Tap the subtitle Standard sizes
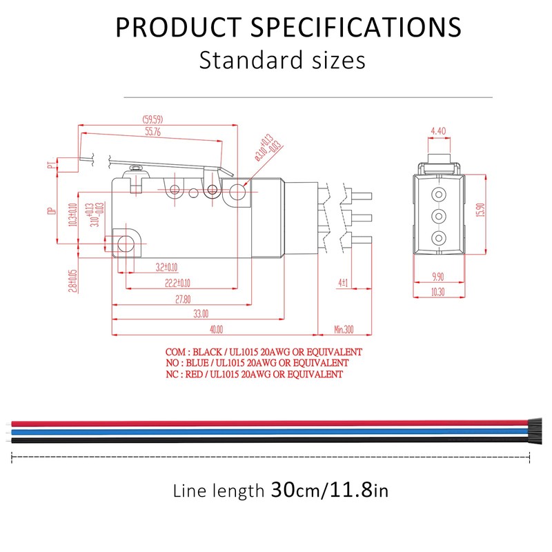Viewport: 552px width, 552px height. tap(282, 60)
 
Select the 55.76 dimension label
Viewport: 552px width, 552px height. tap(152, 132)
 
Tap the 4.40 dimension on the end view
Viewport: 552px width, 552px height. tap(437, 130)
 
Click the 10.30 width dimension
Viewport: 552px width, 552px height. tap(437, 293)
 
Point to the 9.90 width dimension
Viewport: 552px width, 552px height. tap(437, 277)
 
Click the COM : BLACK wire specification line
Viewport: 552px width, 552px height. tap(264, 352)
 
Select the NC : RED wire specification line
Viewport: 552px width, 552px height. tap(254, 375)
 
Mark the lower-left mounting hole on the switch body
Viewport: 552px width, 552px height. tap(126, 242)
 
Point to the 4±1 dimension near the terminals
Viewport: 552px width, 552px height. tap(343, 283)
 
